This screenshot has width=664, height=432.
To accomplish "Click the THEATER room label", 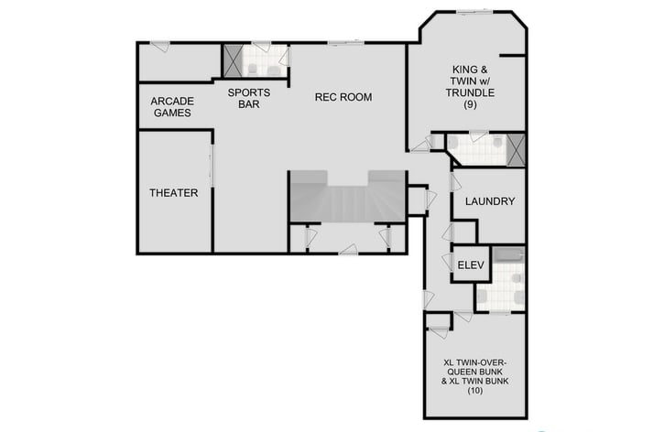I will [x=174, y=193].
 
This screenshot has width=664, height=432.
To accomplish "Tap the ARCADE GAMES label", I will [x=171, y=107].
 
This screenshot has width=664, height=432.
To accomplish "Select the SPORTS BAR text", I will [x=249, y=98].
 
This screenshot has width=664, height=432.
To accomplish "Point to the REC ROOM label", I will [x=343, y=97].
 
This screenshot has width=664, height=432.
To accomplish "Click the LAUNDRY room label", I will [x=490, y=201].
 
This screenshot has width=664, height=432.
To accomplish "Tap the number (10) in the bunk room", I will [x=474, y=391].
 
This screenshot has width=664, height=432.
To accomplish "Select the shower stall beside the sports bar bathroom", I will [x=234, y=60].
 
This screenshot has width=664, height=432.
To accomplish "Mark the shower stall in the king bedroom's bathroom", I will [x=516, y=148].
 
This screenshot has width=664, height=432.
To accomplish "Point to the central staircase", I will [x=347, y=198].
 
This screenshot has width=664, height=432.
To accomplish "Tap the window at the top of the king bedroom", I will [x=474, y=12].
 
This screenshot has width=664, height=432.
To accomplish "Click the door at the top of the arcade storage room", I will [x=159, y=46].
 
